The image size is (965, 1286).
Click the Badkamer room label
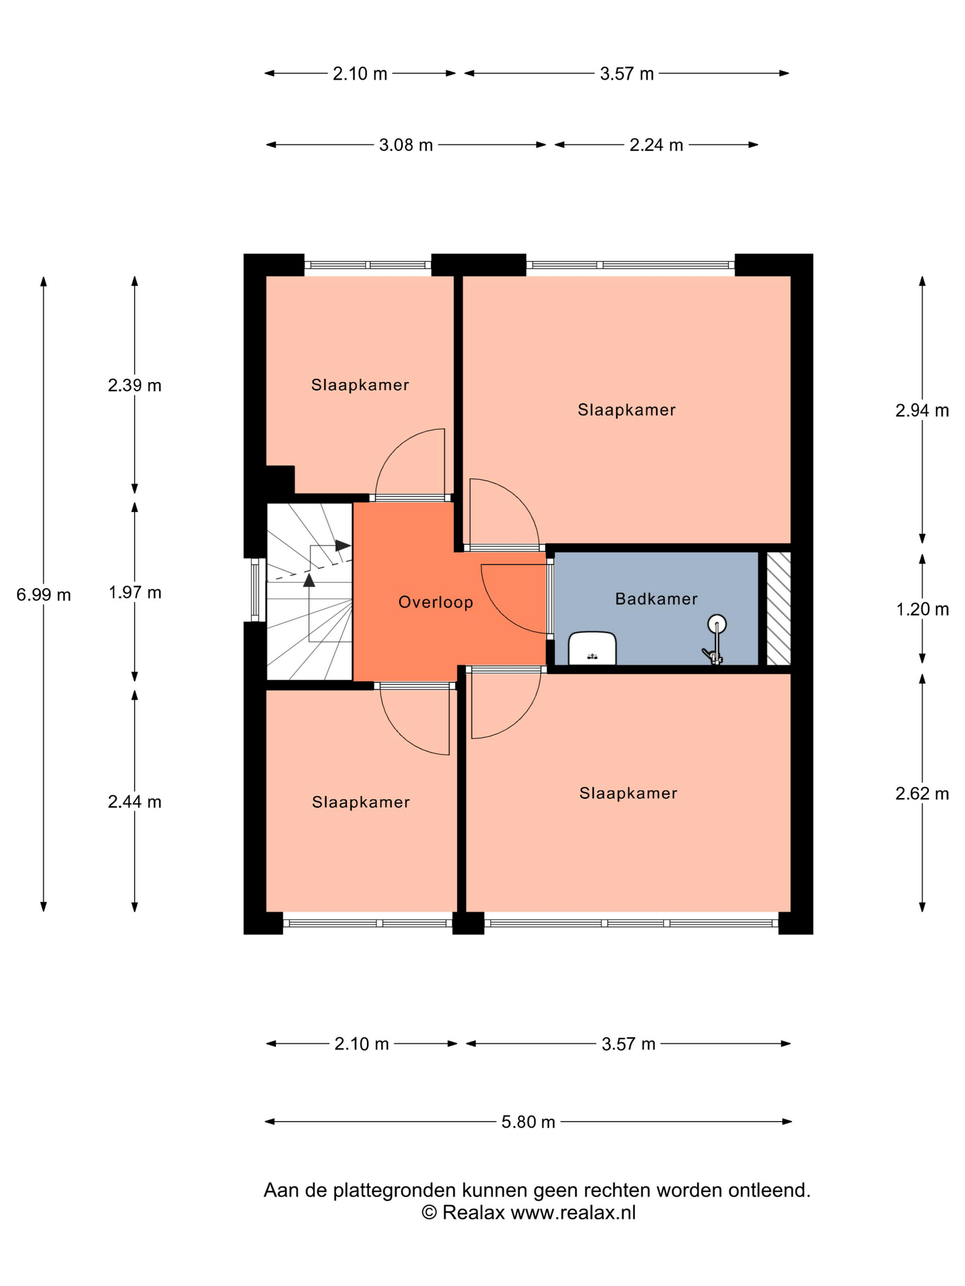656,599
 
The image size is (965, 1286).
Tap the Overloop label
435,602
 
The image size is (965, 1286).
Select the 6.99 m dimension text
44,595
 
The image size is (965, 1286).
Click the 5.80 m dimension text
528,1122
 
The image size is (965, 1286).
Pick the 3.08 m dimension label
406,145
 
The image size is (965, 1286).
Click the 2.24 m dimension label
656,145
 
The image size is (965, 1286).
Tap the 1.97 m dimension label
135,592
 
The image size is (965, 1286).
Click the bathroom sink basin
592,648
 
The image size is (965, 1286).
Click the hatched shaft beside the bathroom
778,609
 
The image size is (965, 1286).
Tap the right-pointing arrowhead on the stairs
343,546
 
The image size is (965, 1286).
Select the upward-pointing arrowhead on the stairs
309,580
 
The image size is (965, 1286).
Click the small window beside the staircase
255,590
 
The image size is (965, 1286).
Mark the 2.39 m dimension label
135,385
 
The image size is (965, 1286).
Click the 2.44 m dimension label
135,802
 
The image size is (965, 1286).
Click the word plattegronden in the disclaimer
394,1190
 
